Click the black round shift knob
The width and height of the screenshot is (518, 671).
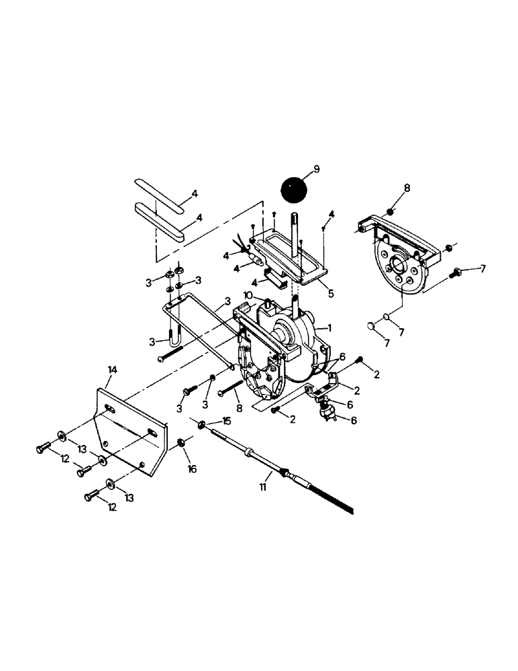[x=293, y=189]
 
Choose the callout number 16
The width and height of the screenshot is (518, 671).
[x=192, y=469]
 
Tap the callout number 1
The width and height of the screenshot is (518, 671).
[x=329, y=327]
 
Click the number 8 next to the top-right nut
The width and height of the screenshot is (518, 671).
[x=407, y=189]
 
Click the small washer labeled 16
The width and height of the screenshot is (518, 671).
[x=182, y=444]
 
